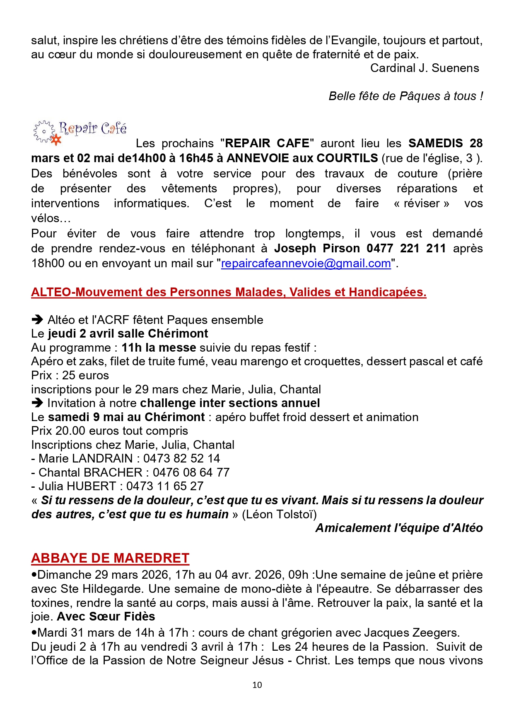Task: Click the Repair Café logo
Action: pyautogui.click(x=80, y=132)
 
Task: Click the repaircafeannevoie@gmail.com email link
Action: pyautogui.click(x=306, y=264)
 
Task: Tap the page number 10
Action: pyautogui.click(x=257, y=685)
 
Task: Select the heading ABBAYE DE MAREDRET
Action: pyautogui.click(x=110, y=558)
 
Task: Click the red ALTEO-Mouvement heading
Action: pyautogui.click(x=229, y=292)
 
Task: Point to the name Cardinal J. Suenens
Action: pyautogui.click(x=424, y=68)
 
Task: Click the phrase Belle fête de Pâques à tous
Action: pyautogui.click(x=405, y=96)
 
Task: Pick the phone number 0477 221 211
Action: pyautogui.click(x=406, y=248)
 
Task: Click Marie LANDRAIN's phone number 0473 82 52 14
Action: pyautogui.click(x=181, y=458)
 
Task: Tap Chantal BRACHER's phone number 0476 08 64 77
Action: pyautogui.click(x=191, y=472)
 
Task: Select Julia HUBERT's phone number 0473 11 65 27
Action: pyautogui.click(x=165, y=486)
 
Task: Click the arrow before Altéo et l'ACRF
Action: pyautogui.click(x=37, y=320)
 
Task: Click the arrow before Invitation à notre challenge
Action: pyautogui.click(x=37, y=403)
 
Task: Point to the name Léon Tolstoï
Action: pyautogui.click(x=279, y=514)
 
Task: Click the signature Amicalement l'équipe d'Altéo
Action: pyautogui.click(x=399, y=528)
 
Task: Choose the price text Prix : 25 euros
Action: pyautogui.click(x=70, y=375)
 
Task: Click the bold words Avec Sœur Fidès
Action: pyautogui.click(x=106, y=616)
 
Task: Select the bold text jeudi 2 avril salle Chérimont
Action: pyautogui.click(x=128, y=333)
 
